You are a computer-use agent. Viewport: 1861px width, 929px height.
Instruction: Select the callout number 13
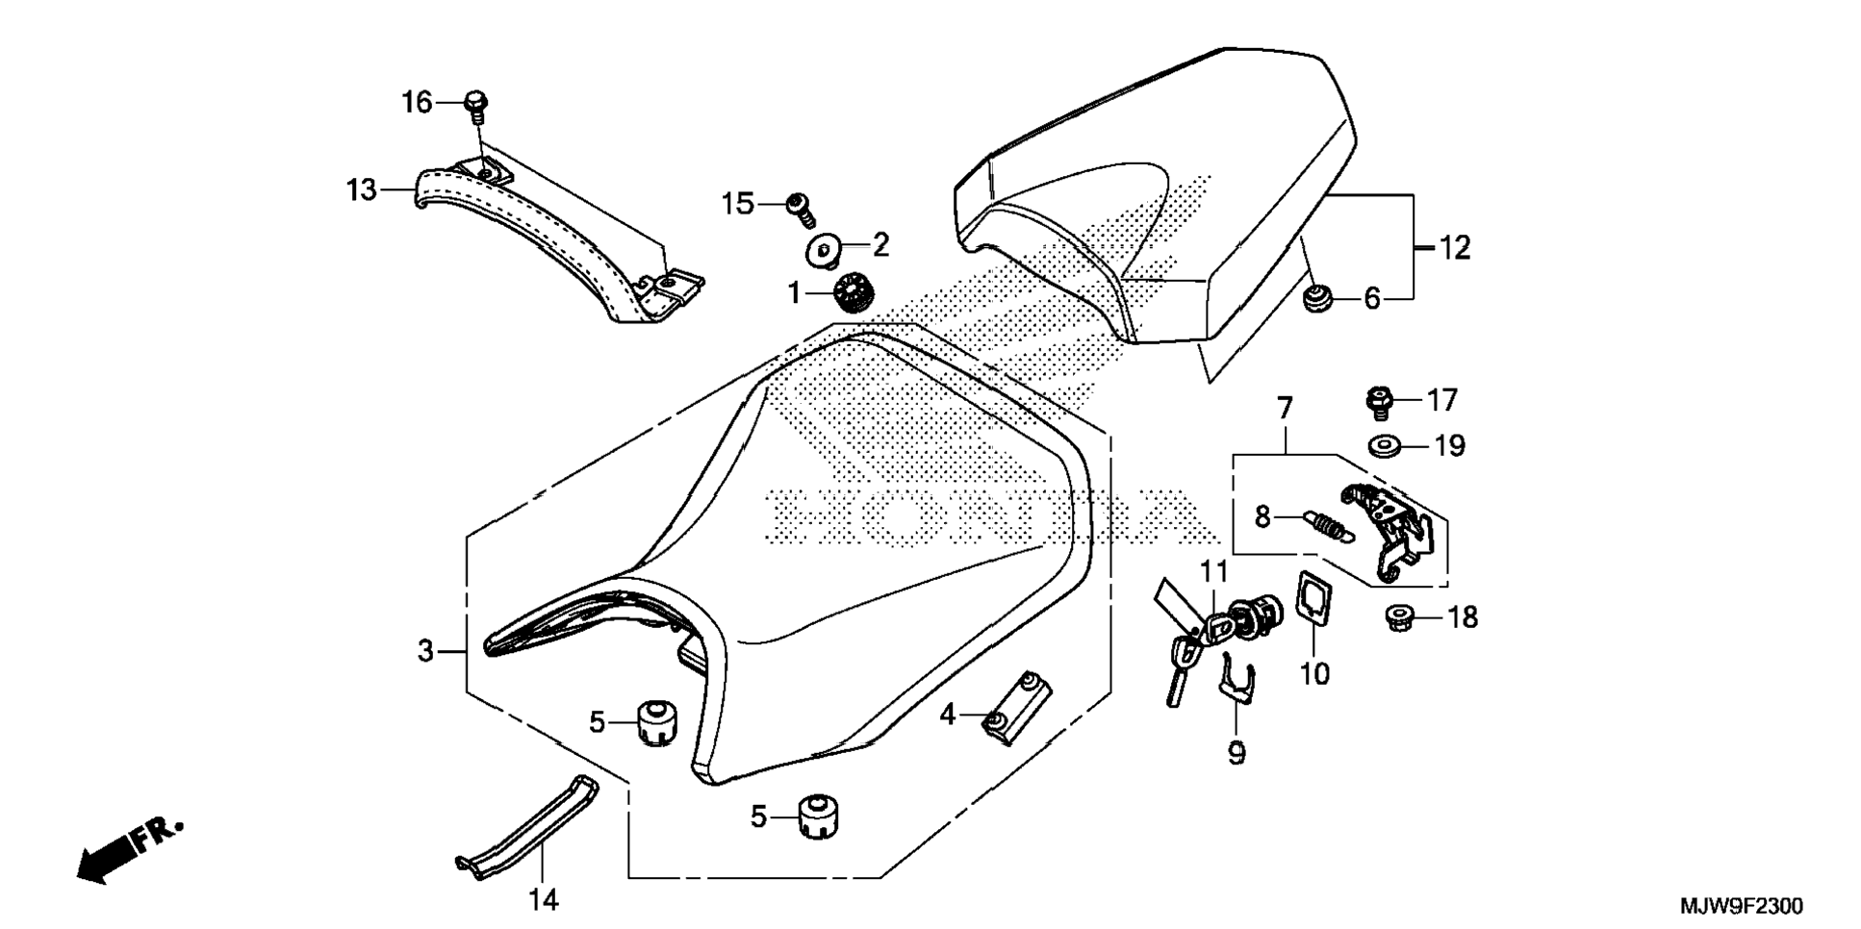[362, 190]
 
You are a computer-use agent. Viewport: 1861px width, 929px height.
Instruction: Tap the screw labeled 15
[801, 208]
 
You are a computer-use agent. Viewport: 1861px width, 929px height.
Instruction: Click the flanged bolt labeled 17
[1379, 402]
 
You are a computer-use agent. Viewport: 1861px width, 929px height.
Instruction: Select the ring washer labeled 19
[1383, 446]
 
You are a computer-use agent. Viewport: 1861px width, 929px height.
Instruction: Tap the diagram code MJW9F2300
[1742, 905]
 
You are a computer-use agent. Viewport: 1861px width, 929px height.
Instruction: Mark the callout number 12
[1455, 248]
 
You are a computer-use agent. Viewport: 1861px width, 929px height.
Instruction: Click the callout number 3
[425, 651]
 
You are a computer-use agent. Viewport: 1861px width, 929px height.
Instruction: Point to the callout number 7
[1286, 408]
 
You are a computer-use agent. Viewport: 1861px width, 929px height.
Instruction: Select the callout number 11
[1213, 572]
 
